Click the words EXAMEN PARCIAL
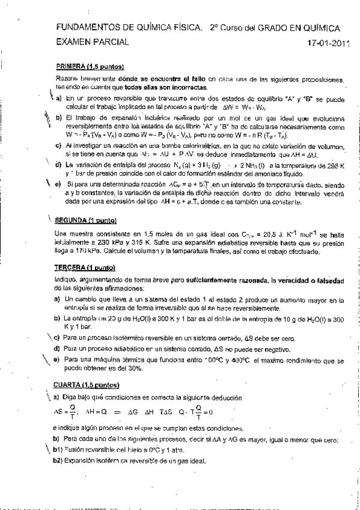click(x=91, y=43)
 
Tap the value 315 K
click(x=124, y=242)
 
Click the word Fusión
click(x=76, y=450)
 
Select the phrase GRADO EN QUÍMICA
click(x=298, y=27)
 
